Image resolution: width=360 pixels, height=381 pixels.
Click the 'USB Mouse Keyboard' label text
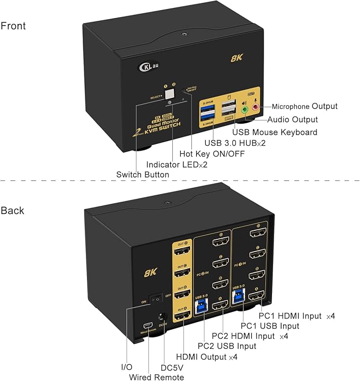coord(276,132)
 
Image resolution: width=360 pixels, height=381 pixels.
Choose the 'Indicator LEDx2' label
coord(177,164)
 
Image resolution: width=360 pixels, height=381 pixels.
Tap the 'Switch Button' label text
coord(143,175)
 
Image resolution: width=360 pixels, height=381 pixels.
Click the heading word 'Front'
coord(13,26)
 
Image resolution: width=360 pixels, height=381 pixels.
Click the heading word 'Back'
coord(12,211)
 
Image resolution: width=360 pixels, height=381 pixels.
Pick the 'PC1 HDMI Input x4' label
coord(296,316)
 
